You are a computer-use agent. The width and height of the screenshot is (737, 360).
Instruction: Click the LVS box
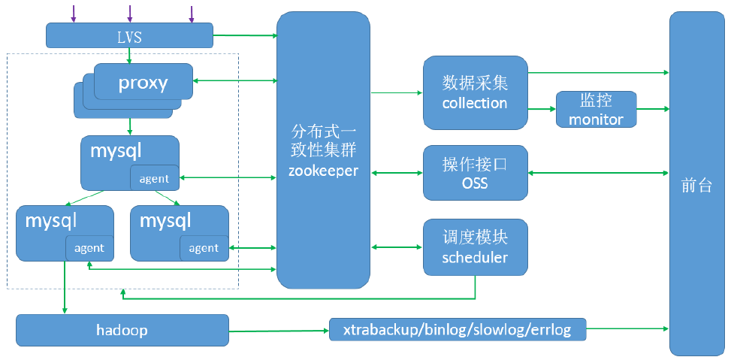coord(129,35)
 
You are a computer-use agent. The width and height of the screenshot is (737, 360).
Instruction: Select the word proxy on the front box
coord(143,83)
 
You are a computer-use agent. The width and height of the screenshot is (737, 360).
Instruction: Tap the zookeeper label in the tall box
coord(323,171)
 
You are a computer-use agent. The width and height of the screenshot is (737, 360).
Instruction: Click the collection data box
coord(475,92)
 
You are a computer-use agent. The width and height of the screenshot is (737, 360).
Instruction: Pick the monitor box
coord(596,110)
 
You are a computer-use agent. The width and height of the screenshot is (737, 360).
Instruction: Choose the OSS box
coord(475,173)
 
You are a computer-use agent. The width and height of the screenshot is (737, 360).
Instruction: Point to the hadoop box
coord(122,330)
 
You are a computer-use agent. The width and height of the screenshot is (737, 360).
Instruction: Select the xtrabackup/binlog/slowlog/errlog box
coord(458,329)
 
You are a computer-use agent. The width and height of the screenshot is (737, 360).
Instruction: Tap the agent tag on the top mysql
coord(155,178)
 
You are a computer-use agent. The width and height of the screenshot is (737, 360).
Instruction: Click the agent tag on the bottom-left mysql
coord(89,248)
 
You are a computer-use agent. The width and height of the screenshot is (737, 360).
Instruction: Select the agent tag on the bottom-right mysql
coord(204,248)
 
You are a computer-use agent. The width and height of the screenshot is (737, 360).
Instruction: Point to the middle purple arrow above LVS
coord(129,14)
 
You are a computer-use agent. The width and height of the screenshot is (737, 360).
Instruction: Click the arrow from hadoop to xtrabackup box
coord(279,330)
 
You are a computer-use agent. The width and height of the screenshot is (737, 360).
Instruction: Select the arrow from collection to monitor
coord(542,109)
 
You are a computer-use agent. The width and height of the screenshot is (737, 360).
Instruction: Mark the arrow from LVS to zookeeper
coord(245,35)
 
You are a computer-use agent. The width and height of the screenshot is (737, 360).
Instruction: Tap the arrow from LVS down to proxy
coord(129,56)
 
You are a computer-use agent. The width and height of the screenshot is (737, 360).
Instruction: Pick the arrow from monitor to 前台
coord(653,109)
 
